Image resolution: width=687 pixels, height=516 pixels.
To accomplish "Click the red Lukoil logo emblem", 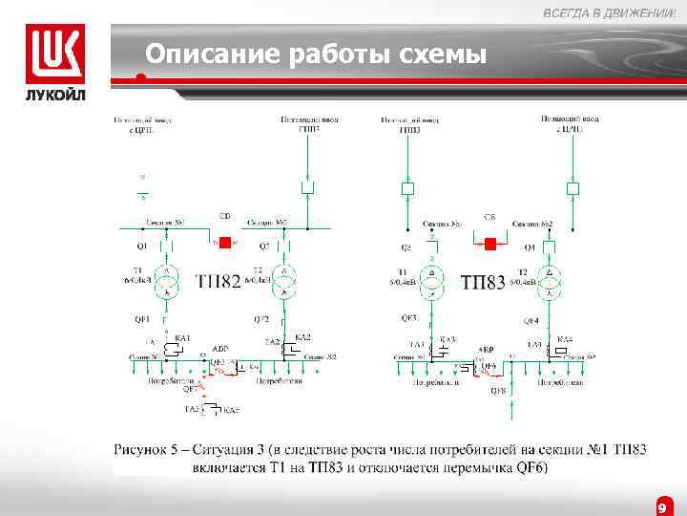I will point(55,54).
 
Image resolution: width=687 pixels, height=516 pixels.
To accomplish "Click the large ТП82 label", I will point(218,282).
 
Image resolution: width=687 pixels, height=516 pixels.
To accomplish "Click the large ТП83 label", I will point(483,283).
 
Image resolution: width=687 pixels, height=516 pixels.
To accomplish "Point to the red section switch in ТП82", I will point(226,243).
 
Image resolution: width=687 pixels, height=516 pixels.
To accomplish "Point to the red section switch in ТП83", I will point(490,244).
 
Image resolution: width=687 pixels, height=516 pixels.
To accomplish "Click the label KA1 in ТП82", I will point(183,337).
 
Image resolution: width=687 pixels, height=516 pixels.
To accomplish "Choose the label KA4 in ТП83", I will point(565,339).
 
